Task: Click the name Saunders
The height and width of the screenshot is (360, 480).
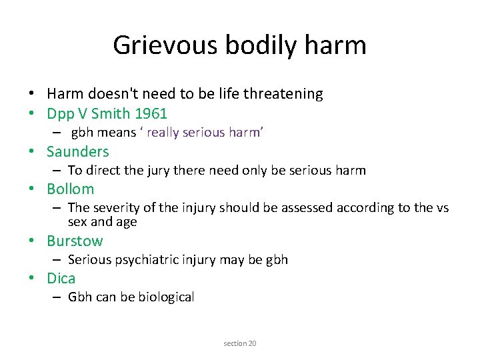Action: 77,151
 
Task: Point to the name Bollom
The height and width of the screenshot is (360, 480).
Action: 70,189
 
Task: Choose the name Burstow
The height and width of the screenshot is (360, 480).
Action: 75,241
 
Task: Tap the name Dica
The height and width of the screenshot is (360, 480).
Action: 61,278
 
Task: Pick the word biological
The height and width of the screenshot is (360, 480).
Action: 167,297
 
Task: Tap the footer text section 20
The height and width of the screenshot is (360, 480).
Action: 240,343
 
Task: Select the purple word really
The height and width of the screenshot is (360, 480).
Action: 164,133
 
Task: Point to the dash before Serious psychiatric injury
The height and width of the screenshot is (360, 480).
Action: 59,260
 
